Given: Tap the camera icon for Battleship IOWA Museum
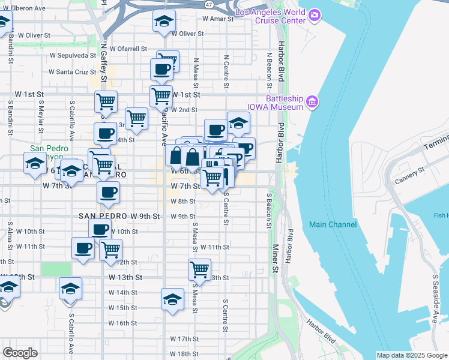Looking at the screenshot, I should tap(312, 102).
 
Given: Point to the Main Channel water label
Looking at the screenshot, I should tap(333, 224).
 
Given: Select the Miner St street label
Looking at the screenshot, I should tap(276, 258).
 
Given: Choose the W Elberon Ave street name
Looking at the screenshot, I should tap(23, 9).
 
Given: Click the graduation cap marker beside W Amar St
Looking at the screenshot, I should tap(162, 22).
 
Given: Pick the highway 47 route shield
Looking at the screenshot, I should tap(208, 4).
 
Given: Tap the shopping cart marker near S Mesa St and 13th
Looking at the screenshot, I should tap(199, 269).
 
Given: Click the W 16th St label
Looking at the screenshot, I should tap(123, 323).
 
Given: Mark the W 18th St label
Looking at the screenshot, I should tap(184, 354).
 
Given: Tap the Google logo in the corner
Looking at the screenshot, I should tap(20, 353).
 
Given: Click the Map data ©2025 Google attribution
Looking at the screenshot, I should tap(411, 355).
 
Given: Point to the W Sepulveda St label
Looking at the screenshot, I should tap(67, 55).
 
